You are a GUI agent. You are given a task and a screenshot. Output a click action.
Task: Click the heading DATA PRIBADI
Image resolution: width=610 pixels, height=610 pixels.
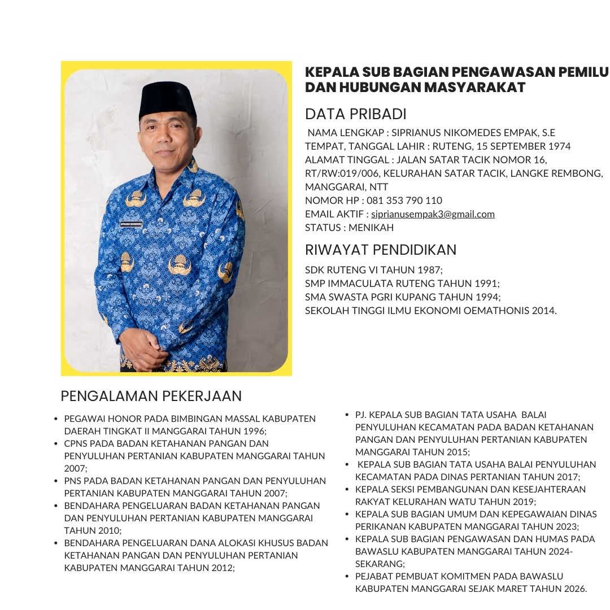(355, 114)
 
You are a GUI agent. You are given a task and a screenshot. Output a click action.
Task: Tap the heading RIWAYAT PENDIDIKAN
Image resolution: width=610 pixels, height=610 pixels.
(380, 250)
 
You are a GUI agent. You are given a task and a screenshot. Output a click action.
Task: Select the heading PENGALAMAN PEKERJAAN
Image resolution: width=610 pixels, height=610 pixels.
(151, 396)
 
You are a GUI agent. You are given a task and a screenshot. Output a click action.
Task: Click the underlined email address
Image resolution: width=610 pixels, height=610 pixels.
(433, 214)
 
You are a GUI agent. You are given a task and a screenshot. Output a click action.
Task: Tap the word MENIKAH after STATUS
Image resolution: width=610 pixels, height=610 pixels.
(371, 228)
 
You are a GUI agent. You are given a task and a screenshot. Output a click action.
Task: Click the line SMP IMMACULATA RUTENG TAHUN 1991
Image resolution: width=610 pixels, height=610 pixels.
(402, 284)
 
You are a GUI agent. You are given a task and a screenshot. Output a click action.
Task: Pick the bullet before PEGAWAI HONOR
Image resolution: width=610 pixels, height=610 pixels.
(55, 419)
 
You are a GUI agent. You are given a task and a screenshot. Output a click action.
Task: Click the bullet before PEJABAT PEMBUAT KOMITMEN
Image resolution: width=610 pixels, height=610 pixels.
(347, 577)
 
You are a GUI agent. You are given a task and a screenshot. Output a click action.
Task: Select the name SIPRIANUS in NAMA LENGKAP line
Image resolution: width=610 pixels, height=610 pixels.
(404, 133)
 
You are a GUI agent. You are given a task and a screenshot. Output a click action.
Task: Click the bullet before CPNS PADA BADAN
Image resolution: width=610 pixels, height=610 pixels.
(55, 444)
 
